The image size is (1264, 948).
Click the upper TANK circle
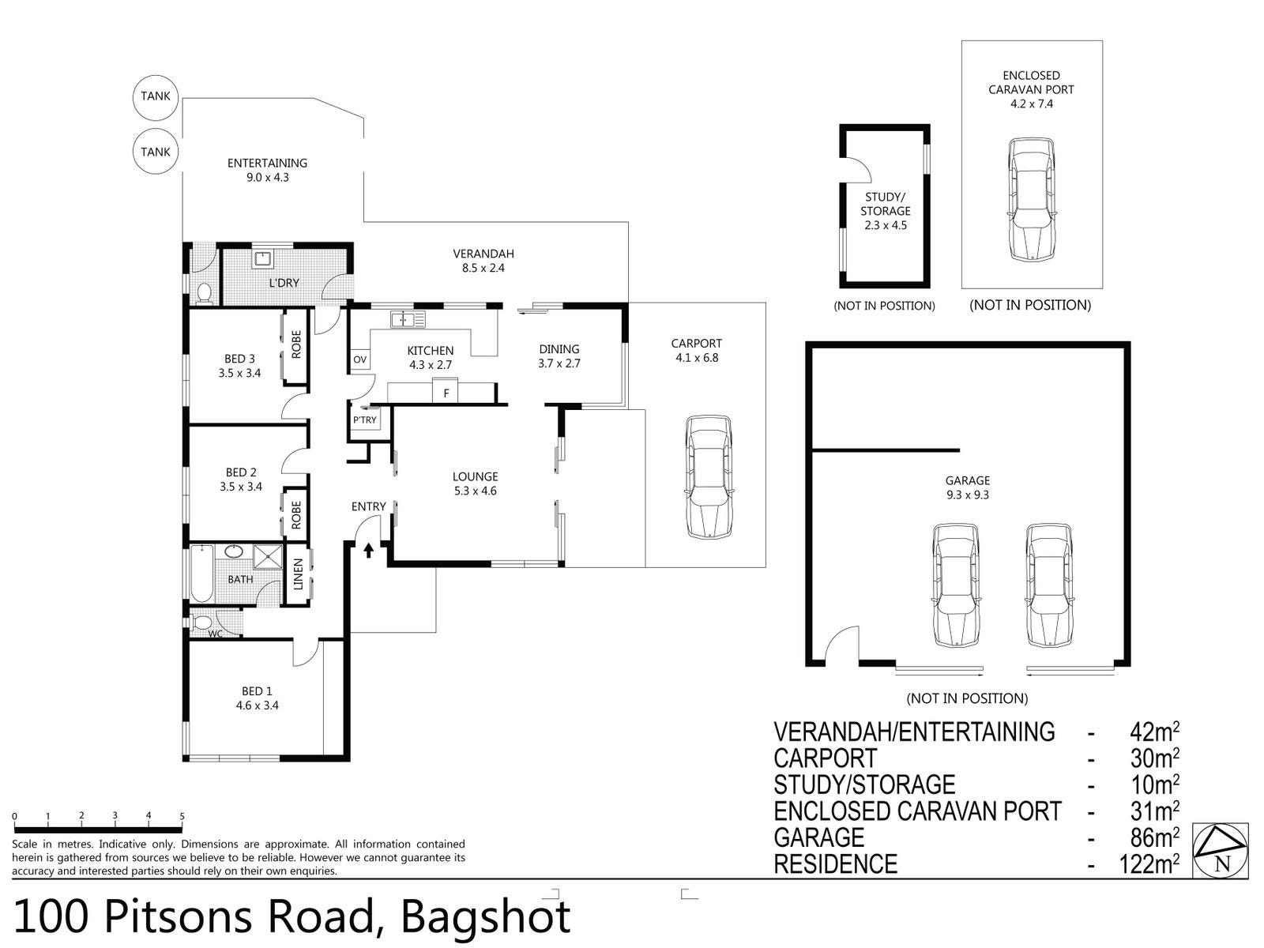156,96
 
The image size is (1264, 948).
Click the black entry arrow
369,551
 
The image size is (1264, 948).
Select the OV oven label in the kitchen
359,359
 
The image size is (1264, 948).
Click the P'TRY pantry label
364,420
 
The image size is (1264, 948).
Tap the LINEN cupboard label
298,574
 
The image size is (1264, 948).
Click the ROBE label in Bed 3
296,344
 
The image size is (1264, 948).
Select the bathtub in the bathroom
201,574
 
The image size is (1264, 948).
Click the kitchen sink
408,319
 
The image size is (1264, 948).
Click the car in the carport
709,477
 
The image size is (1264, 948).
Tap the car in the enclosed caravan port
1033,199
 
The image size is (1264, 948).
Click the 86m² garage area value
1155,838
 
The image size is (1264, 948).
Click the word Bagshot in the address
485,917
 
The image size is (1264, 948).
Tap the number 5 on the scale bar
182,816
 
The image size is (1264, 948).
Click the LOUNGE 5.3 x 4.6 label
475,483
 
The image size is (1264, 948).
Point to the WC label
215,634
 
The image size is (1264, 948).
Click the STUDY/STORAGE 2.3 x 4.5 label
885,211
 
